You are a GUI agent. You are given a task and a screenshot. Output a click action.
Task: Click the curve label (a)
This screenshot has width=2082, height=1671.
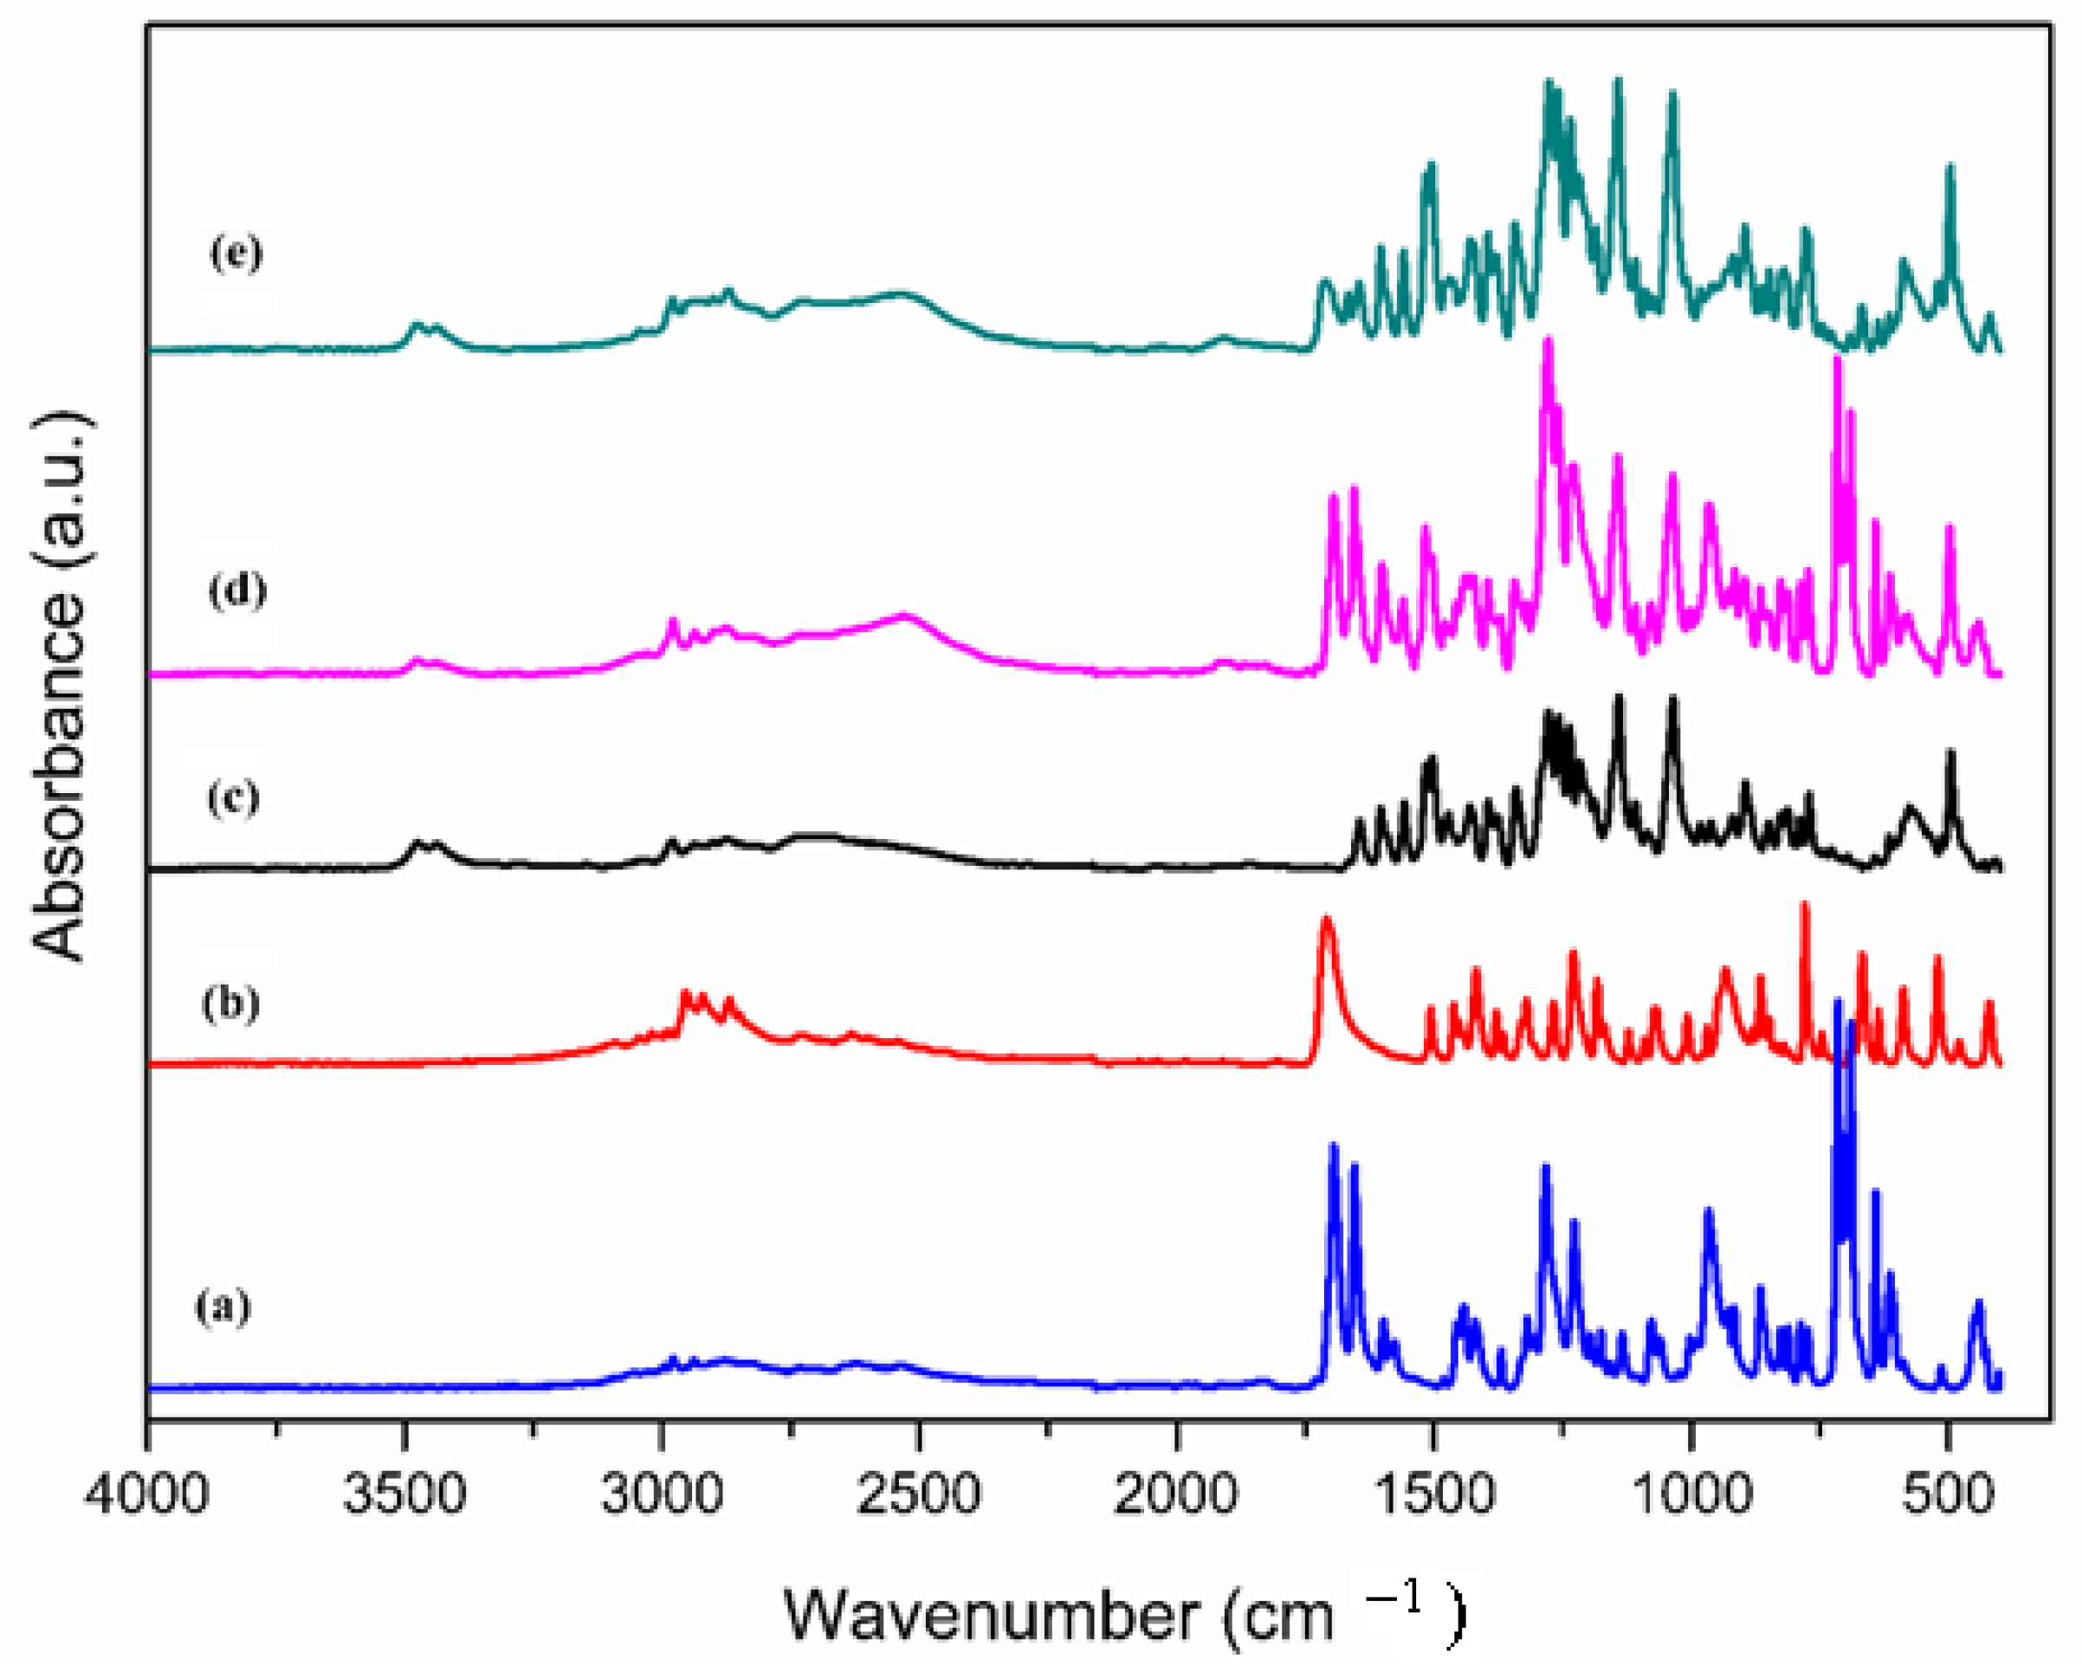coord(223,1307)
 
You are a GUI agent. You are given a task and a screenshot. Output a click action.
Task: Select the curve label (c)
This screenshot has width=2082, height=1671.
coord(234,797)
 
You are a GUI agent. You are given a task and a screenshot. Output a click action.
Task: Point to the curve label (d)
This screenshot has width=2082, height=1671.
coord(237,590)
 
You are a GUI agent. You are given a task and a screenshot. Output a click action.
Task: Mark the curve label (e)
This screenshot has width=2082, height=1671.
coord(236,253)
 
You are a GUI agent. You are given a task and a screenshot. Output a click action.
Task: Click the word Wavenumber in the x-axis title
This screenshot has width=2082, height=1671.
coord(991,1614)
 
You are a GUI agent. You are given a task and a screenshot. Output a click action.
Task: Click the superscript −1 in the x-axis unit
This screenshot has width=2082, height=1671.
coord(1394,1597)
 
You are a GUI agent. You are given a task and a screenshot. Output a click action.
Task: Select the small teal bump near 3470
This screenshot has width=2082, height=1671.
coord(417,326)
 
